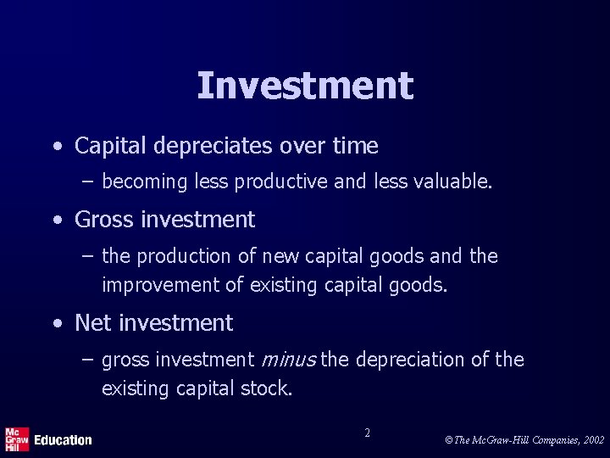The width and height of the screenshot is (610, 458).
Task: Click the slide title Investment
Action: (x=305, y=86)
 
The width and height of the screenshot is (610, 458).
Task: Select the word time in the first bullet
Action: (x=355, y=147)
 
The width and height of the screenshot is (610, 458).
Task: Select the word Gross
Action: (x=105, y=220)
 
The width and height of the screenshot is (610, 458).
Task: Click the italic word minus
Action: (x=290, y=360)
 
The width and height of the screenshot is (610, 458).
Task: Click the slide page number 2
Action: (x=367, y=433)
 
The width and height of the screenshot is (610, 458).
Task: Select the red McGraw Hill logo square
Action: (x=17, y=438)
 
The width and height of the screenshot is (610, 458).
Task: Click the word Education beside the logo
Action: (x=63, y=440)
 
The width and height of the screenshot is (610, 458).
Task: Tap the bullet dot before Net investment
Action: (x=56, y=324)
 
